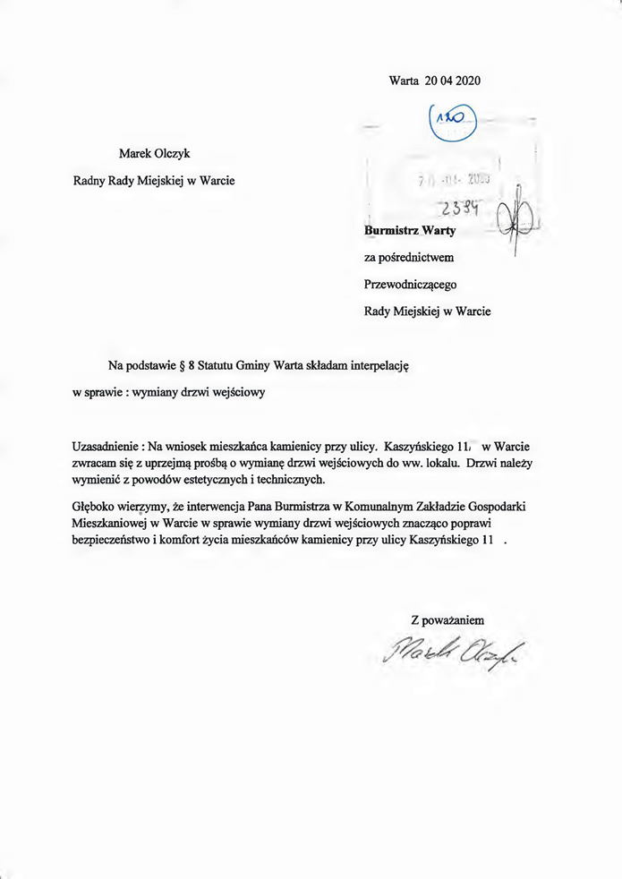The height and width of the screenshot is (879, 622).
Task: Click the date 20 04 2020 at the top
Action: (453, 81)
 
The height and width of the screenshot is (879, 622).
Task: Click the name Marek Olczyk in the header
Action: (155, 152)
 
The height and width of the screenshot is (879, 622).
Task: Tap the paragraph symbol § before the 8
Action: (183, 366)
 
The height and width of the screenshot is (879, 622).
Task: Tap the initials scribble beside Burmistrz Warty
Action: (516, 224)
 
